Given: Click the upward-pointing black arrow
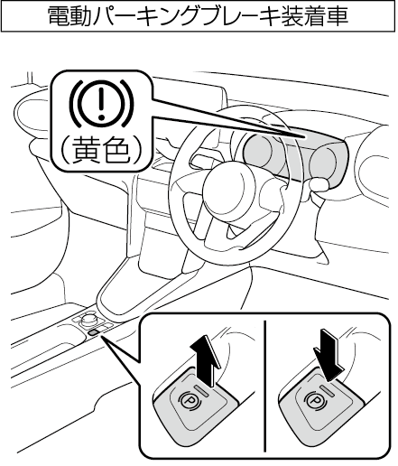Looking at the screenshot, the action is [207, 359].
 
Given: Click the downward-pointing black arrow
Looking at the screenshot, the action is [329, 355].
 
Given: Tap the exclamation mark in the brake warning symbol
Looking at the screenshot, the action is [102, 102].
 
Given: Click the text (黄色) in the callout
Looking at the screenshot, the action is [100, 150].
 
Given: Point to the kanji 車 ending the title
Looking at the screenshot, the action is [338, 16].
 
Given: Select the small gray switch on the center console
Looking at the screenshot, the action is [94, 332].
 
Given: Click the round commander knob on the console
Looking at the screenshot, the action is [88, 319].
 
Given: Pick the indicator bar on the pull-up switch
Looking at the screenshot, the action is [203, 389].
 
